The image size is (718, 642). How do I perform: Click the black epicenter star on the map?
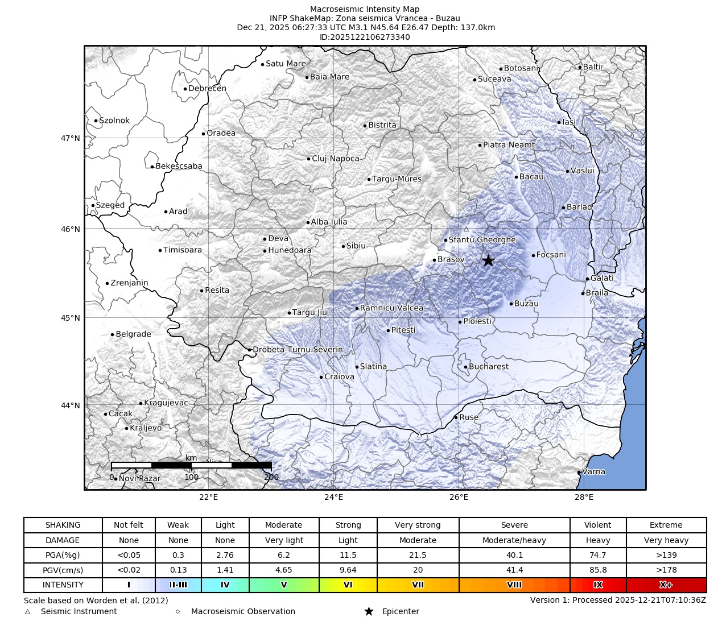pos(488,260)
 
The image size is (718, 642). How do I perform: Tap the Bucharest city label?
pos(489,367)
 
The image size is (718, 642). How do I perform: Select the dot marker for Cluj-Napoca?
pos(309,159)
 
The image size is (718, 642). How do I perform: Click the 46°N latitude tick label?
pos(71,229)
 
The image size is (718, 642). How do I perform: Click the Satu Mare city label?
pos(286,64)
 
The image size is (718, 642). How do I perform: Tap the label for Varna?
pos(594,471)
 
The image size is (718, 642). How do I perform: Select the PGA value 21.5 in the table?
pos(418,555)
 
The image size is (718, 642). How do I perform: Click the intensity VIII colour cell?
pos(514,585)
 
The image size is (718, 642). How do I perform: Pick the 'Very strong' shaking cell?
pos(418,525)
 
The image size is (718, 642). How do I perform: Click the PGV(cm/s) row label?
pos(63,570)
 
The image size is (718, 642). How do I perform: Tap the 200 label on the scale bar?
pos(271,477)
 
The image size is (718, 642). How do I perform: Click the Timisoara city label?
pos(182,250)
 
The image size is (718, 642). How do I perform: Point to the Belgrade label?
pos(133,334)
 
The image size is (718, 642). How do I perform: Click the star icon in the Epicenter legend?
pos(369,611)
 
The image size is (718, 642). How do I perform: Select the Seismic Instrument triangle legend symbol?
pos(27,612)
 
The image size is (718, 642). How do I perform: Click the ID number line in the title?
pos(365,37)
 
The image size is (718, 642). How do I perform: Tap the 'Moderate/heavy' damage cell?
pos(514,540)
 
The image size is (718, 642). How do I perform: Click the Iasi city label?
pos(569,122)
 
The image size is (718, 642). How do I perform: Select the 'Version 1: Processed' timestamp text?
pos(618,600)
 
